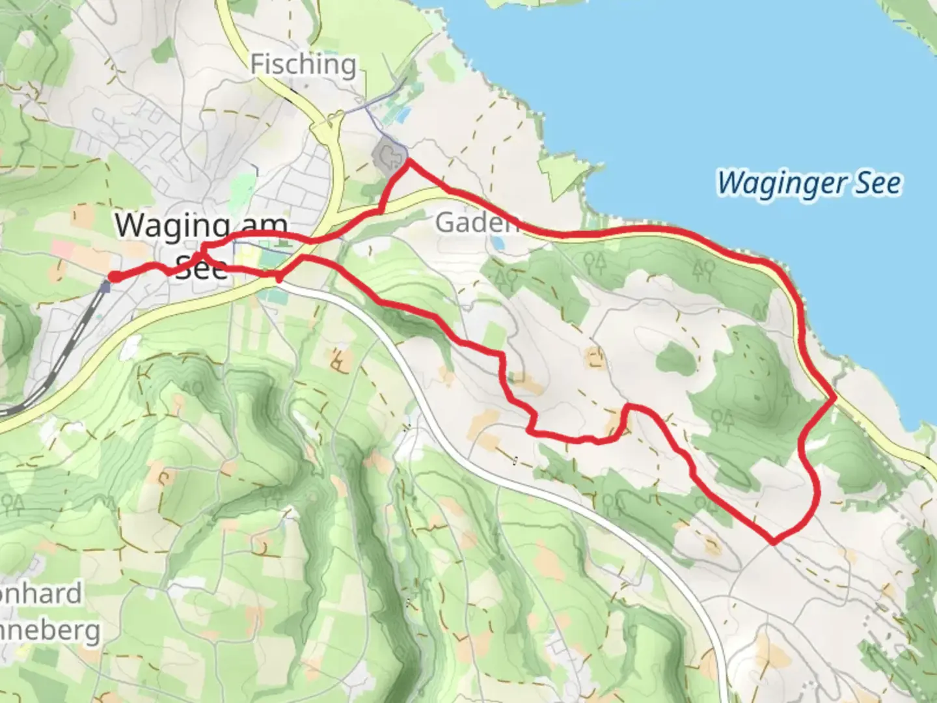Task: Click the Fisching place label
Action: pos(303,65)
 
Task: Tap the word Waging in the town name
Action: pos(172,227)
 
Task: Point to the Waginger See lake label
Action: pos(809,184)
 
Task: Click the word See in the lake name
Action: pos(878,184)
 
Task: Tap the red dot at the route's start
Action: pos(113,277)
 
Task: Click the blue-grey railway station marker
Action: pos(106,286)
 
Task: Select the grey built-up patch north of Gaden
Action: pos(388,157)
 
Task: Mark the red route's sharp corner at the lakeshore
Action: pos(834,396)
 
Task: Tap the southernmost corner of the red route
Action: pos(774,541)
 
